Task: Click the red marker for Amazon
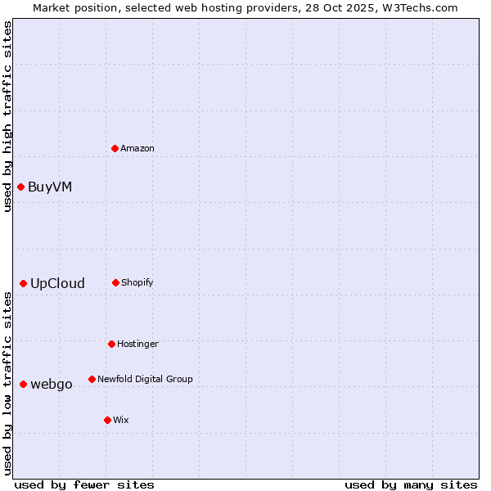(115, 148)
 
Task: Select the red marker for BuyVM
(20, 187)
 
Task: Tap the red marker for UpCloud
(24, 283)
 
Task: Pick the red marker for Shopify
(115, 282)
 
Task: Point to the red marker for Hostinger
(111, 344)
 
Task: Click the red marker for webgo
(24, 384)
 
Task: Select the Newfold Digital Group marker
(92, 379)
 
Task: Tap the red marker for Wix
(107, 420)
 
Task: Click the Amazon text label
(137, 148)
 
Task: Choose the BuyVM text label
(50, 187)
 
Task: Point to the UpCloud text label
(57, 283)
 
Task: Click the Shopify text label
(137, 282)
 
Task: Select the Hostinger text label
(137, 344)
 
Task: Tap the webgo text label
(52, 384)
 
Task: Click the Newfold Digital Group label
(145, 379)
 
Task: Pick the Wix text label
(121, 420)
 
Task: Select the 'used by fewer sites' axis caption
(84, 484)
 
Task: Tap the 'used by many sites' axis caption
(411, 484)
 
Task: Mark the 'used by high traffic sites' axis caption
(7, 116)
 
